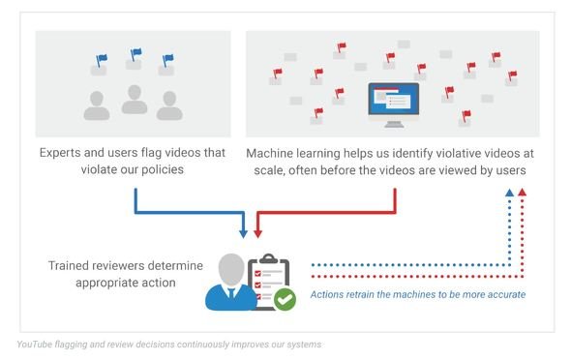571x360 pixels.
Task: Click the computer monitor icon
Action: (x=394, y=105)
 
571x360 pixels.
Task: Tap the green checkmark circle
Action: (x=285, y=299)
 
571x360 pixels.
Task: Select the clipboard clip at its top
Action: (x=269, y=258)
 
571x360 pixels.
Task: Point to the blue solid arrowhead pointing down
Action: (x=243, y=233)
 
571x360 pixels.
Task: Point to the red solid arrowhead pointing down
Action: (x=257, y=233)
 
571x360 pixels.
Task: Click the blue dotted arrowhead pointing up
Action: (x=509, y=193)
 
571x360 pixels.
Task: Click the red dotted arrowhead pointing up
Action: (x=523, y=193)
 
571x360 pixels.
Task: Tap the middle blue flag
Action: (x=135, y=54)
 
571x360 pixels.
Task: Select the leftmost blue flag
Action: (x=102, y=60)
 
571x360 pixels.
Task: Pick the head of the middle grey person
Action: (x=135, y=93)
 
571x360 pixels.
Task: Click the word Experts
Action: (x=60, y=153)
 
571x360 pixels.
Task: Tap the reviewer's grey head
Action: (x=231, y=270)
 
